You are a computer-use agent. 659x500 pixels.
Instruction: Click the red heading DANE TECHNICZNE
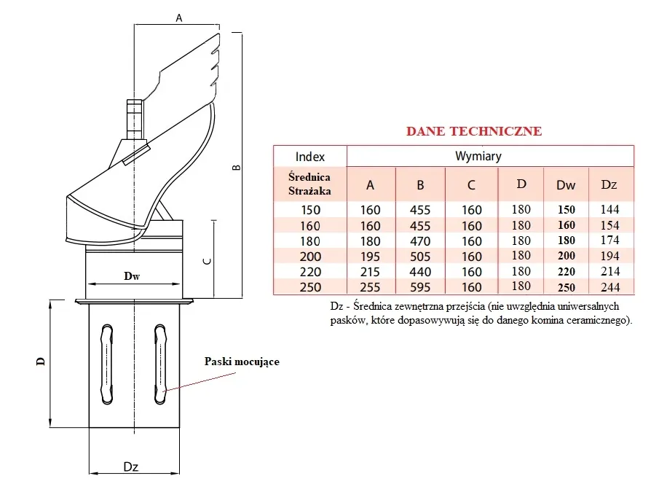[473, 131]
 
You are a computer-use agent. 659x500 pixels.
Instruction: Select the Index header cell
[310, 156]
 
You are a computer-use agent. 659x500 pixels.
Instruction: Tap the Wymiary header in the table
[478, 156]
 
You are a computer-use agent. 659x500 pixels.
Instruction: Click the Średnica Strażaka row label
[309, 184]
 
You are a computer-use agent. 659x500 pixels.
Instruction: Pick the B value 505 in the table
[420, 257]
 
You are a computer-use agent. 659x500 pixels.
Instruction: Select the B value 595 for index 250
[420, 287]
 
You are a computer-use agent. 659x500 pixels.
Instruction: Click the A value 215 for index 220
[371, 272]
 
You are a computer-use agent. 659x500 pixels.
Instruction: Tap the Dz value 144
[609, 209]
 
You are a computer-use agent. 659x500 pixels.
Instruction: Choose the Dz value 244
[609, 287]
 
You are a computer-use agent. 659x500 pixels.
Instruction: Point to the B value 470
[420, 241]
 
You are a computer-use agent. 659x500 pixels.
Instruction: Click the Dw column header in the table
[566, 185]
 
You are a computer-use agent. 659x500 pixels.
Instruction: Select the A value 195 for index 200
[371, 257]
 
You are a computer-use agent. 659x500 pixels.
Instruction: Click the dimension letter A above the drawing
[179, 19]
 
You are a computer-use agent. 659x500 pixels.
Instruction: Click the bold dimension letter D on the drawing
[41, 360]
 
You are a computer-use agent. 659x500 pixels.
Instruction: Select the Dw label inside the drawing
[132, 276]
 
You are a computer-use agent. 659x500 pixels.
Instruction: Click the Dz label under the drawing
[131, 467]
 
